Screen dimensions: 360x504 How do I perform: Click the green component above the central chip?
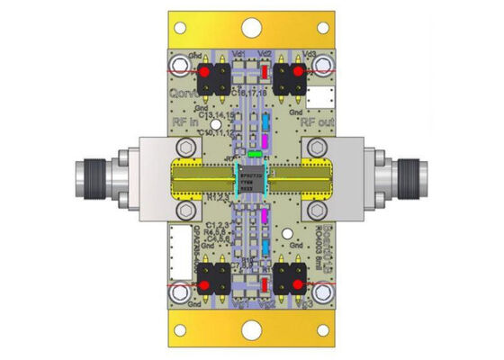(255, 154)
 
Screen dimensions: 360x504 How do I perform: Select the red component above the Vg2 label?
(265, 286)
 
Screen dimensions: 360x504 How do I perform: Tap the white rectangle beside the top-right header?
(320, 94)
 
